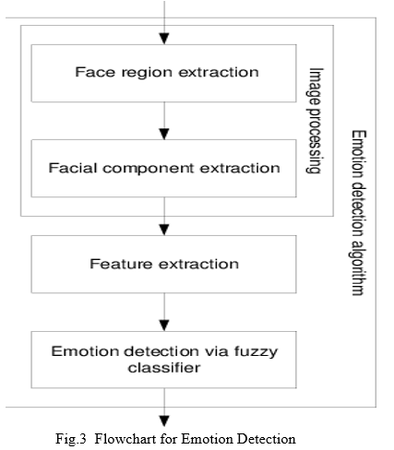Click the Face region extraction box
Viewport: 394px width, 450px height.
[163, 73]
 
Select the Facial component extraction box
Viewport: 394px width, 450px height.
[163, 169]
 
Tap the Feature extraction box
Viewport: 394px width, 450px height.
[163, 265]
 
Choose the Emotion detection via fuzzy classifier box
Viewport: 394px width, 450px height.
[163, 360]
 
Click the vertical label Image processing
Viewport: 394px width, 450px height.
[315, 121]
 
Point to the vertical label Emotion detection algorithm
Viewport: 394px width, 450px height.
[359, 213]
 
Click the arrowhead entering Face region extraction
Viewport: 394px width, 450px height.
[164, 39]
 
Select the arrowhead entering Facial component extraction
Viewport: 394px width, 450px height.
[164, 135]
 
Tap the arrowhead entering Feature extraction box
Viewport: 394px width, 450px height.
[164, 230]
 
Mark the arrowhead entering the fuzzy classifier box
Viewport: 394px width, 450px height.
[164, 326]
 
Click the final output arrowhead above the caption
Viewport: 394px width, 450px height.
[164, 421]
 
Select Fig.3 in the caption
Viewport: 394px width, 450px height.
[71, 439]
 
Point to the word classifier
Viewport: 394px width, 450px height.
[164, 368]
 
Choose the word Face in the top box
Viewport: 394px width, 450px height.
[96, 72]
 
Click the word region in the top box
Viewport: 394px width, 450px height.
[147, 73]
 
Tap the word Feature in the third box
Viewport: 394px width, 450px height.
[121, 264]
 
